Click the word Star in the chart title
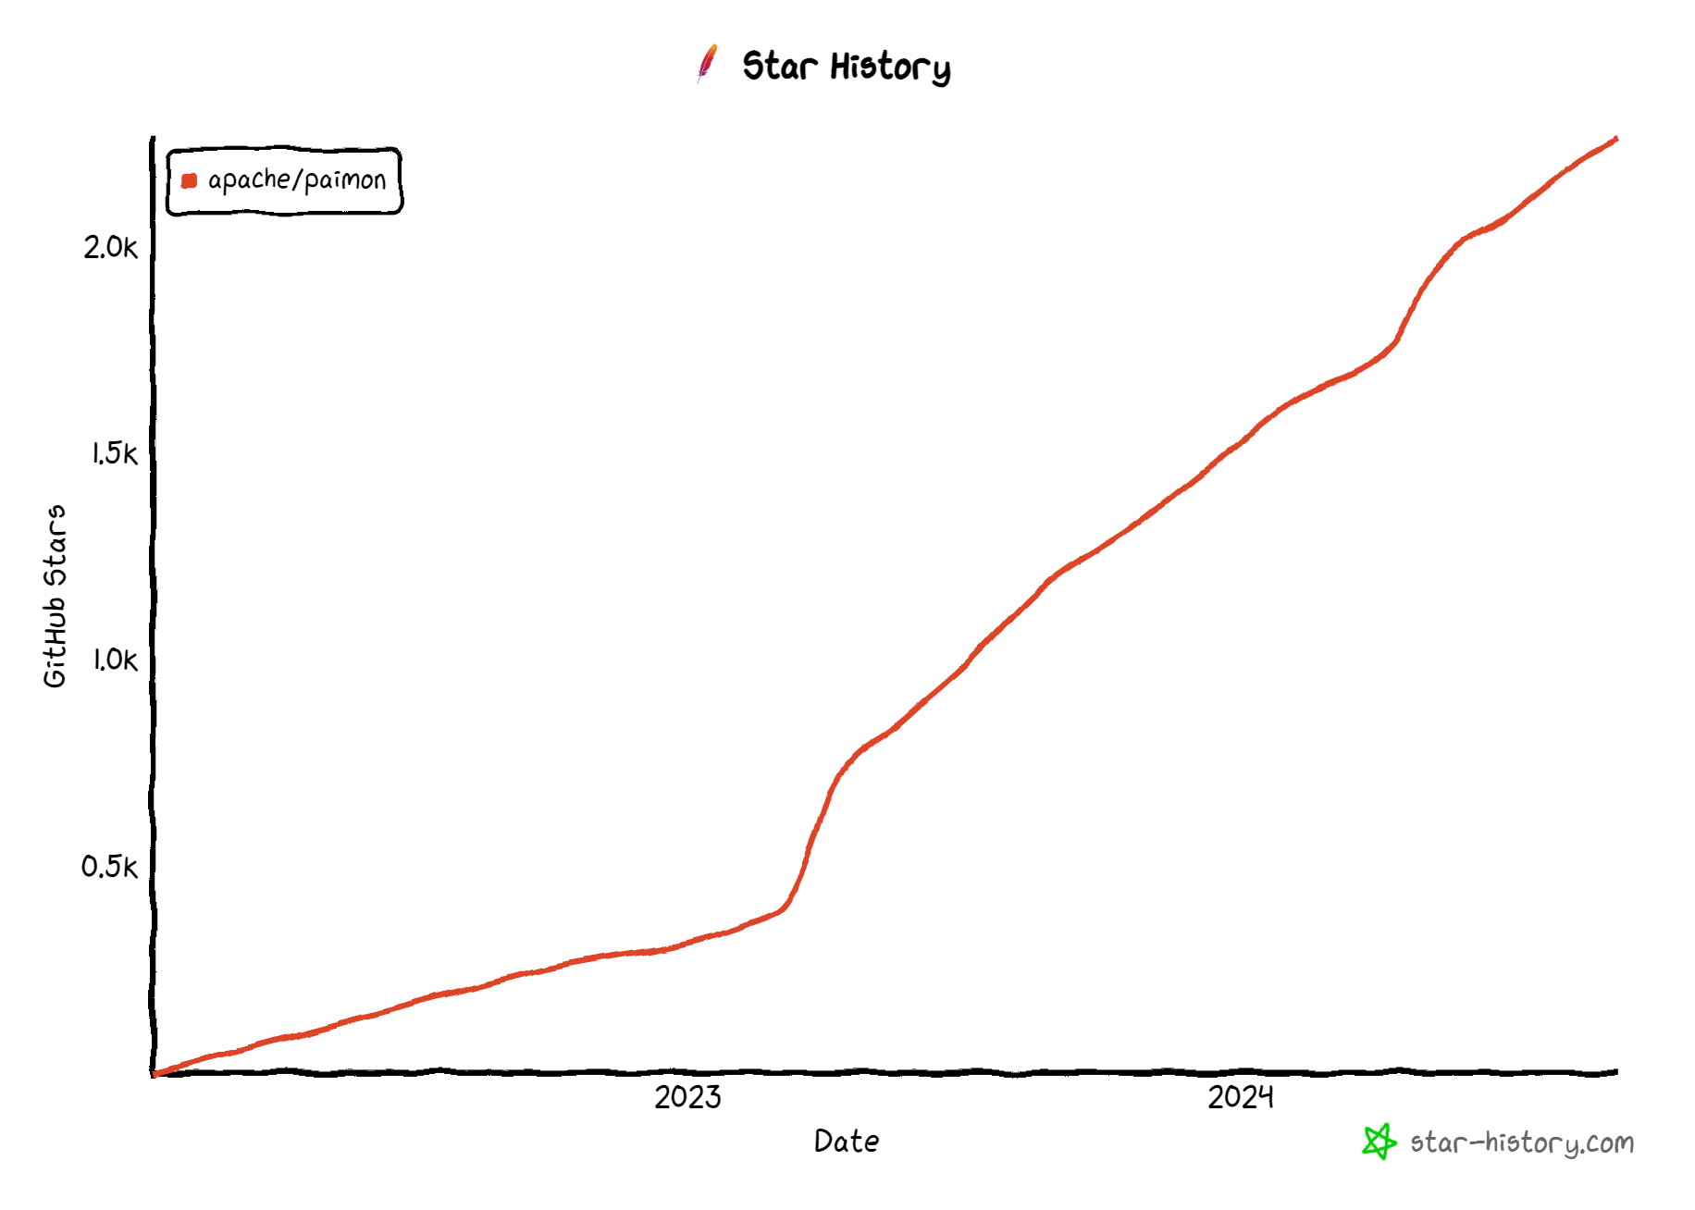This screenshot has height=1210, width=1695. pyautogui.click(x=780, y=67)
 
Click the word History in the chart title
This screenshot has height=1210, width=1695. pyautogui.click(x=890, y=68)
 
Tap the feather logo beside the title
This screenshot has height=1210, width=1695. pyautogui.click(x=708, y=64)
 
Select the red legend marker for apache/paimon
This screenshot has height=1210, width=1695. pyautogui.click(x=189, y=180)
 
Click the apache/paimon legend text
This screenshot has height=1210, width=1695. pyautogui.click(x=296, y=179)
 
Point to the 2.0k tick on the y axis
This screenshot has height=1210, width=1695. pyautogui.click(x=110, y=247)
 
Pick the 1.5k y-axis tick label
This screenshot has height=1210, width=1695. pyautogui.click(x=114, y=453)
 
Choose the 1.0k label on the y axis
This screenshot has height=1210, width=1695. pyautogui.click(x=114, y=660)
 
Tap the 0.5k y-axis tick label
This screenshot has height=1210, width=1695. pyautogui.click(x=109, y=867)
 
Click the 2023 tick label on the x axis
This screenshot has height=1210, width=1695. pyautogui.click(x=687, y=1097)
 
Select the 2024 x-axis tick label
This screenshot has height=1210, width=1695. pyautogui.click(x=1240, y=1097)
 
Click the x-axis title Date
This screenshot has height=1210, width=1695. pyautogui.click(x=847, y=1142)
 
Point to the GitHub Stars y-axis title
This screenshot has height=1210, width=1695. pyautogui.click(x=56, y=596)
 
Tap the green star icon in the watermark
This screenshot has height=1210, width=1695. pyautogui.click(x=1379, y=1142)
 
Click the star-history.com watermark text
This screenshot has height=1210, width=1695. pyautogui.click(x=1522, y=1143)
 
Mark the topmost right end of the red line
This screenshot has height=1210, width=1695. pyautogui.click(x=1615, y=139)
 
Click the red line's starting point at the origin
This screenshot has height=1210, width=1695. pyautogui.click(x=155, y=1074)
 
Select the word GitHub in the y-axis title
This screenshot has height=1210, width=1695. pyautogui.click(x=56, y=642)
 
